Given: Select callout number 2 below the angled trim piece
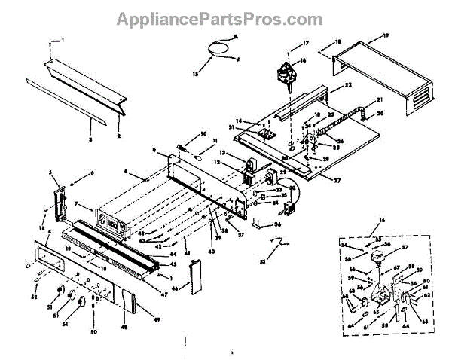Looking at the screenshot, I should pyautogui.click(x=118, y=136).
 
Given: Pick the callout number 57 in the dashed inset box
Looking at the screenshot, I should pyautogui.click(x=404, y=248).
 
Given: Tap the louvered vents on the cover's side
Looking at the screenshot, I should pyautogui.click(x=423, y=98).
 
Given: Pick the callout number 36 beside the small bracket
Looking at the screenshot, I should pyautogui.click(x=278, y=224).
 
